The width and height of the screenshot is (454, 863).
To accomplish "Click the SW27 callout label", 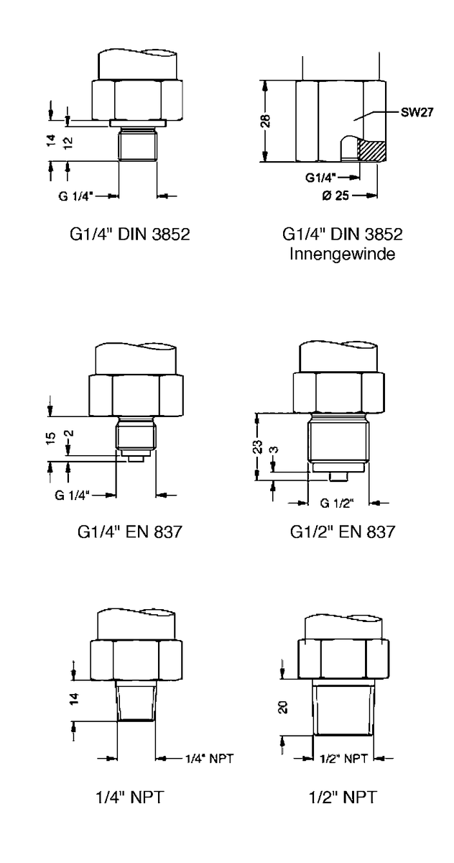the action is (417, 112).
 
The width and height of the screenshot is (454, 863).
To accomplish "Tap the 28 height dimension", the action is (265, 121).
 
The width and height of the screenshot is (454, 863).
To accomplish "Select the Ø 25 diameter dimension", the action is (335, 196).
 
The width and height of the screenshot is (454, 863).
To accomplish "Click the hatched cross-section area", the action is (371, 150).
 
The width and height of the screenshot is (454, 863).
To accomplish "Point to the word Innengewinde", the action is (342, 254).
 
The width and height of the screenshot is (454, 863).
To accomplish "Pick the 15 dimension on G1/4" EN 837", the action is (50, 438).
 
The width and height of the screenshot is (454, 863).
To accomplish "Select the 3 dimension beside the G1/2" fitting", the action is (274, 449).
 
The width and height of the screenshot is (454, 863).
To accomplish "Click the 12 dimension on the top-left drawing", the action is (68, 143).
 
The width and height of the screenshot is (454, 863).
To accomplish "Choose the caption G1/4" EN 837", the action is (129, 532).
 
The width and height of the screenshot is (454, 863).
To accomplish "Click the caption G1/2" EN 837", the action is (343, 532).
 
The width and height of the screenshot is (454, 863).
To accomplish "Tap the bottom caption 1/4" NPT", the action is (129, 797).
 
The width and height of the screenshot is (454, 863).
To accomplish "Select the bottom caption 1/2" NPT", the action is (343, 797).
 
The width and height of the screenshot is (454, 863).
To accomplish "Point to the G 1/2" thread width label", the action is (337, 503).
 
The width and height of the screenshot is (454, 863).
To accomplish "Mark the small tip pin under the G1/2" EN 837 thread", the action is (338, 476).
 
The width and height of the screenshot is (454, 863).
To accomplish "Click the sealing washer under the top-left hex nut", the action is (137, 123).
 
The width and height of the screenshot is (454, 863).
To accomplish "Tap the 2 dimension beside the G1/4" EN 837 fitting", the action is (70, 433).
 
